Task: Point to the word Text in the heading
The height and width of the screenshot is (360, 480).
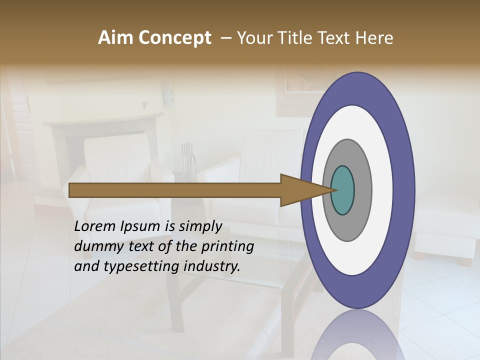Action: (x=335, y=38)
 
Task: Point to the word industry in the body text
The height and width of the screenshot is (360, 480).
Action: (x=211, y=266)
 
